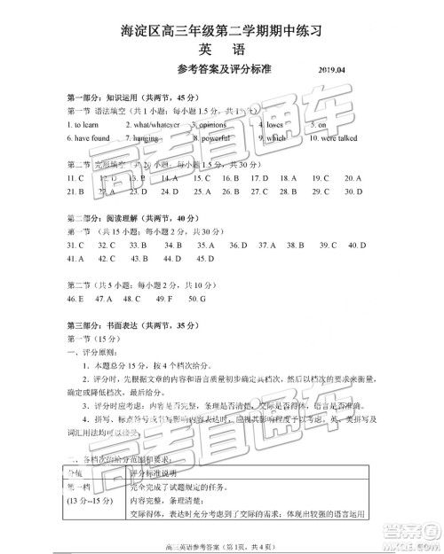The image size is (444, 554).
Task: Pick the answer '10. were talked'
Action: coord(334,138)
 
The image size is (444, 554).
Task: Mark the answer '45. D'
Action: coord(205,258)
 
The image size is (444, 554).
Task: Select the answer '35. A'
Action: coord(206,244)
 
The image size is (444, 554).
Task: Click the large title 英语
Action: coord(221,51)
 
